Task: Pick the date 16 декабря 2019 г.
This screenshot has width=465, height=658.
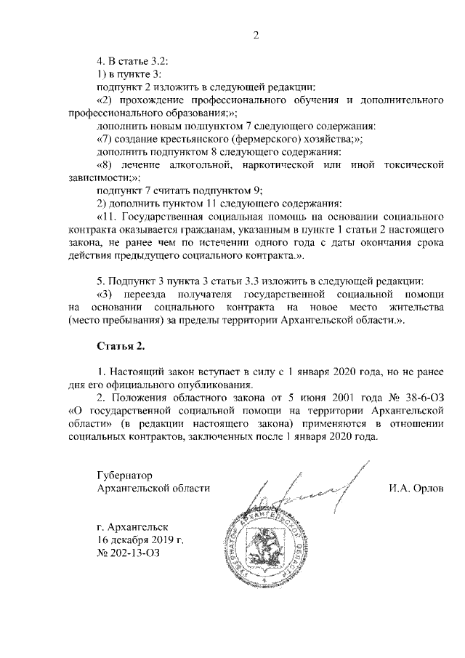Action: pyautogui.click(x=140, y=539)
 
